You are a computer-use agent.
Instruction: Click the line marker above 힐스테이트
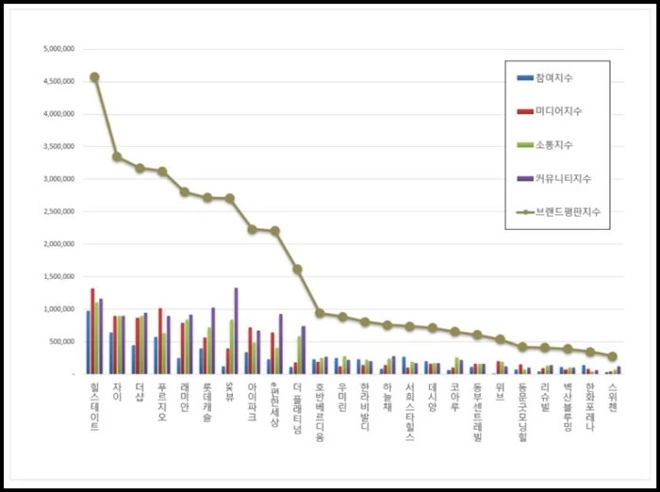(94, 77)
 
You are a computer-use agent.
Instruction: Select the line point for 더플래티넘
(297, 269)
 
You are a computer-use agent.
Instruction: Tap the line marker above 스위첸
(612, 356)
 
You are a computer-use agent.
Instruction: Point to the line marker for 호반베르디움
(320, 313)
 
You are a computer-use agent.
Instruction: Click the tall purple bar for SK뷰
(236, 330)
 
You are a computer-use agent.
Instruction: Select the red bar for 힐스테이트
(92, 330)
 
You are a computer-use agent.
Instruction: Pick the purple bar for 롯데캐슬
(213, 340)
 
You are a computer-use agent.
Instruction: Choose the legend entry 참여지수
(554, 76)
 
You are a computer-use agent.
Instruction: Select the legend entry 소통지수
(554, 144)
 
